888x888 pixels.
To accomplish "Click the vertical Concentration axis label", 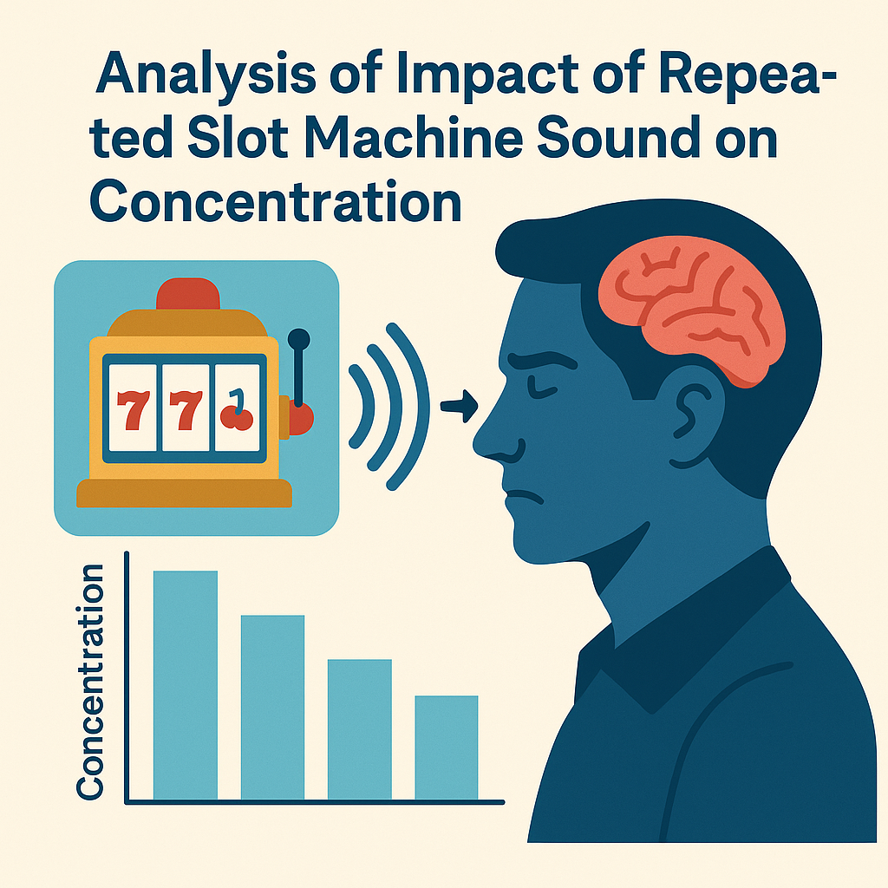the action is point(89,682).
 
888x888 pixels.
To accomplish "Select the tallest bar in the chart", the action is point(186,685).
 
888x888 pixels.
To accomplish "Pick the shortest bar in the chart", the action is point(447,747).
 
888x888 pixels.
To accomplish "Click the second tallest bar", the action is point(272,707).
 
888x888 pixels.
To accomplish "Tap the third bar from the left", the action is point(360,728).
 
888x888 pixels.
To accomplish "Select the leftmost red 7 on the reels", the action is point(133,410).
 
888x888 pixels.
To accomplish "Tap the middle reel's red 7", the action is point(186,410).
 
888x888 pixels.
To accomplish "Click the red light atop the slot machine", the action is point(188,294).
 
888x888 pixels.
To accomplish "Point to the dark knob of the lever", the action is point(298,339).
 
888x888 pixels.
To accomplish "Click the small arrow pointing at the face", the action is point(460,406).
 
